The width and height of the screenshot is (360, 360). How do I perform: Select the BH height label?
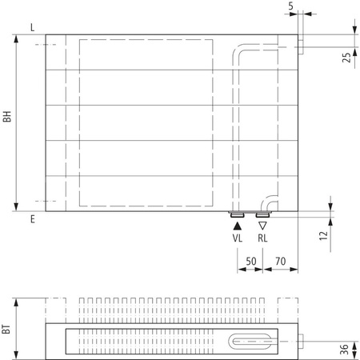click(7, 122)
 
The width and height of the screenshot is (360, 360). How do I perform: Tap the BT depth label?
click(7, 326)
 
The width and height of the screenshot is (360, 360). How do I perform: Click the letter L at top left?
click(31, 28)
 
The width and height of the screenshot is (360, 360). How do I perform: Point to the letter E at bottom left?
click(32, 218)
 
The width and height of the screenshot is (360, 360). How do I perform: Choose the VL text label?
click(238, 238)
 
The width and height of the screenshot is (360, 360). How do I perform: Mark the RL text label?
click(263, 238)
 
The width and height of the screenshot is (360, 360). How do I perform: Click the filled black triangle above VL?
click(238, 226)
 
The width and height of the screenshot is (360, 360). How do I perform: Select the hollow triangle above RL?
click(262, 226)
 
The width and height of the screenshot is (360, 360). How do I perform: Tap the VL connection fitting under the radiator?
click(238, 214)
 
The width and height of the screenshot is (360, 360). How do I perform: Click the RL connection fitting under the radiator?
click(262, 214)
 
